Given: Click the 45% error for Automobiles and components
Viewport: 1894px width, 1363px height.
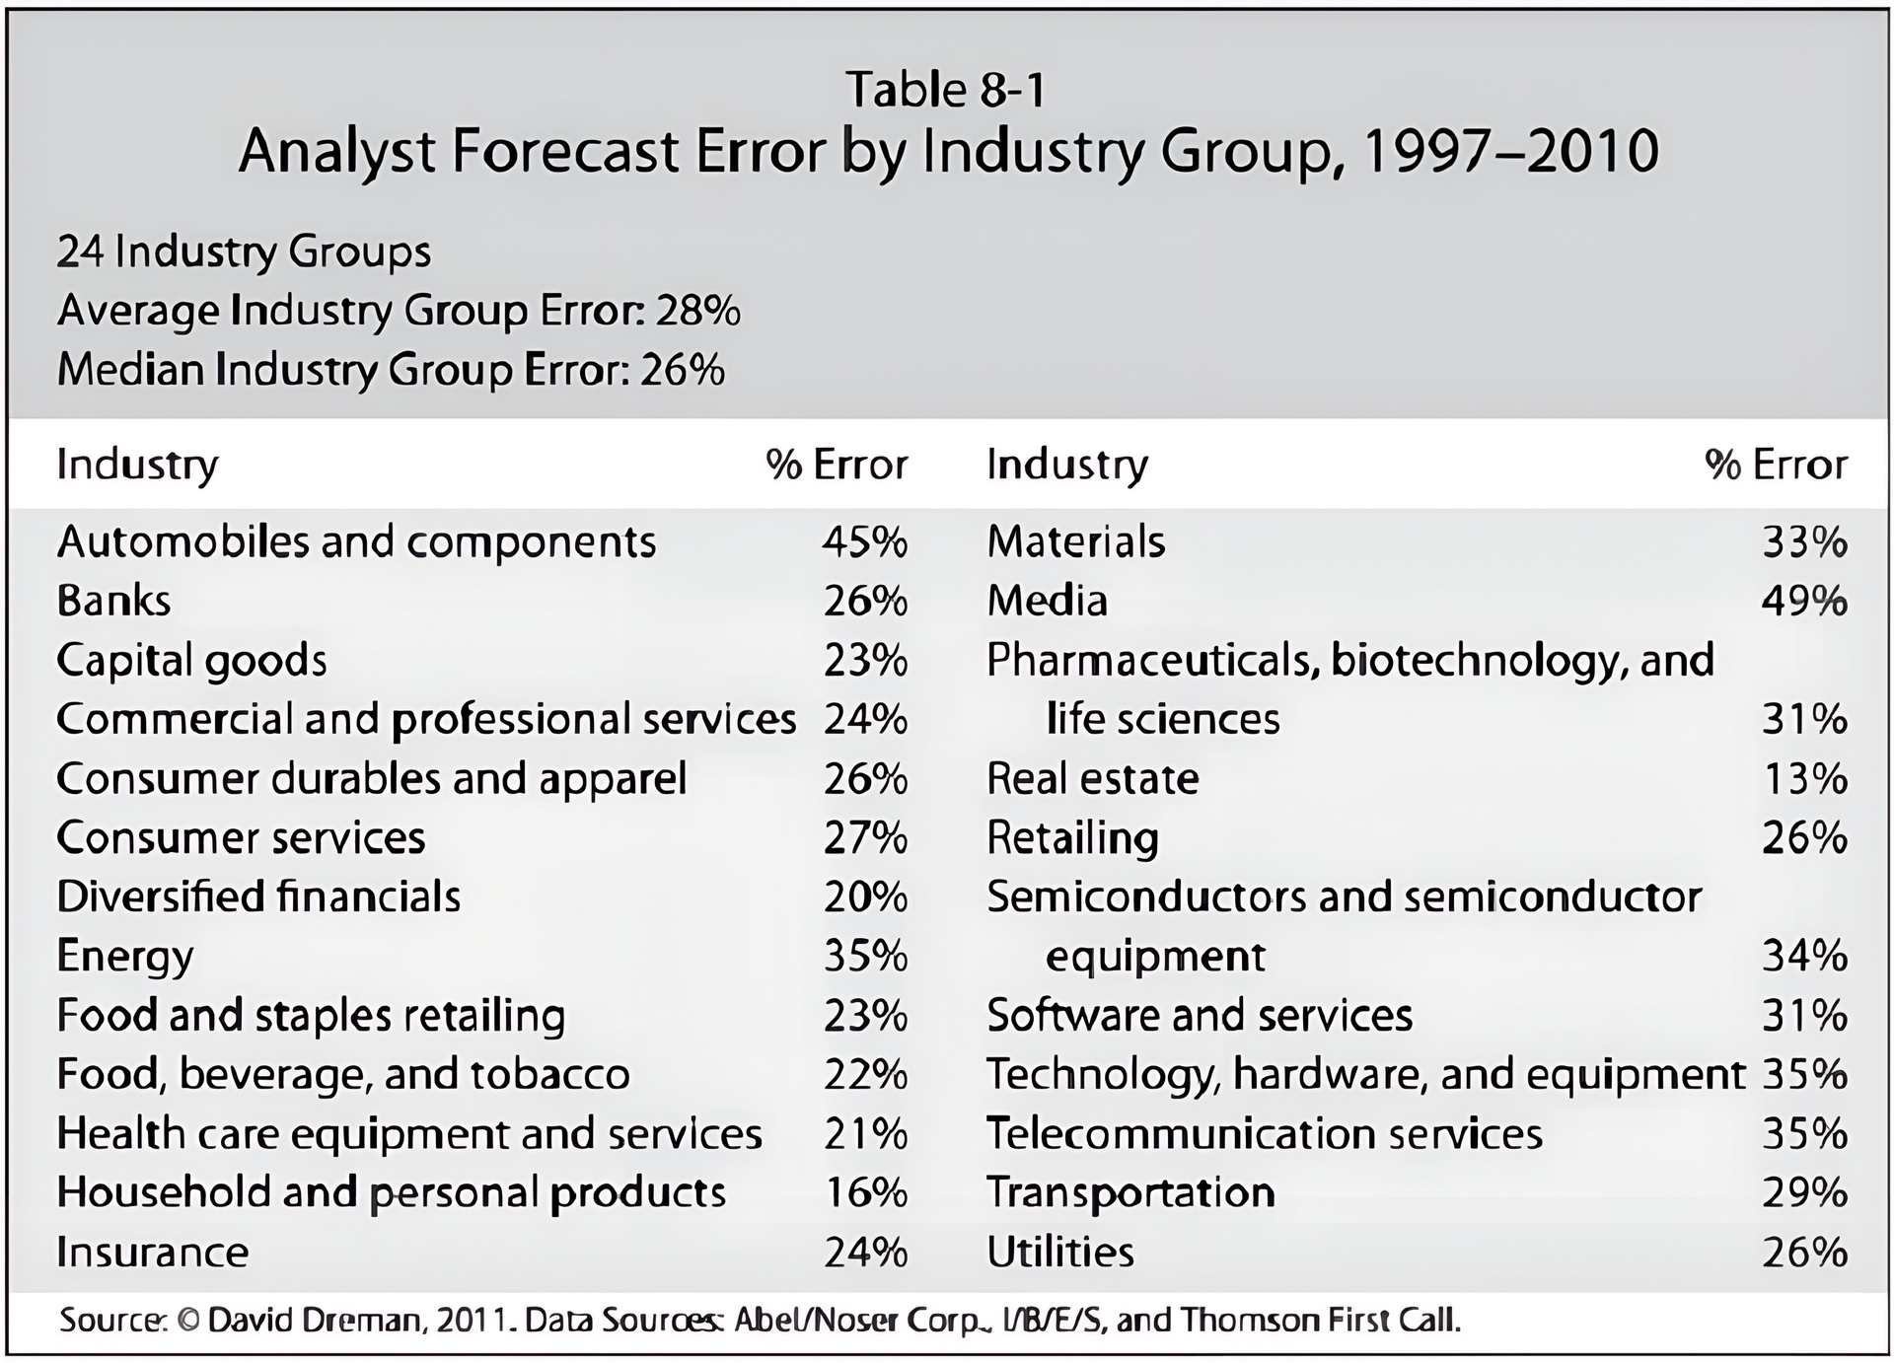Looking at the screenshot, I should [x=864, y=541].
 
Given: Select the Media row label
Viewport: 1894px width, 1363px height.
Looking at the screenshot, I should [x=1047, y=601].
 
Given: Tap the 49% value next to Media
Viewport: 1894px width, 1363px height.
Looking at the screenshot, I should [x=1803, y=601].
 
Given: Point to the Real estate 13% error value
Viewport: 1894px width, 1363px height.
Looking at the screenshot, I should [x=1803, y=778].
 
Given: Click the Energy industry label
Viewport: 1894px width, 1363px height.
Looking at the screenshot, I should [x=125, y=956].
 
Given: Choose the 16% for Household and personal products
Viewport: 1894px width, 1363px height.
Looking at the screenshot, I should [x=864, y=1192].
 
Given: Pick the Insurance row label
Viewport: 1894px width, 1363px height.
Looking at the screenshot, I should [x=153, y=1252].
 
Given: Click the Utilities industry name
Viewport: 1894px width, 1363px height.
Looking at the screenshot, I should [x=1060, y=1252].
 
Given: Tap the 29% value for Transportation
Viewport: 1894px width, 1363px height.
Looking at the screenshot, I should [x=1803, y=1192].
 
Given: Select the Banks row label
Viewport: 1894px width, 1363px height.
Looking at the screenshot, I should [x=113, y=601].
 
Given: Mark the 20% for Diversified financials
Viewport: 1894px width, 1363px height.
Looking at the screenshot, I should [x=864, y=897].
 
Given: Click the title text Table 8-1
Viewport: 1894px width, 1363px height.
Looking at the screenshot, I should [x=945, y=90].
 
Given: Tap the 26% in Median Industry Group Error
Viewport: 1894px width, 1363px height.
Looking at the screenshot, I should [x=682, y=370].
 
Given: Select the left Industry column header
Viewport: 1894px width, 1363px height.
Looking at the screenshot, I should [x=137, y=464].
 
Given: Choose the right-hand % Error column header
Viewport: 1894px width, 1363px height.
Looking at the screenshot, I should [x=1776, y=464].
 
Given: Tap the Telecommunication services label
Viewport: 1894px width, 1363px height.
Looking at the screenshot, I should [x=1264, y=1133].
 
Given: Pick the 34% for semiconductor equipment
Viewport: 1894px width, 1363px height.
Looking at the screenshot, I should [x=1803, y=956].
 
